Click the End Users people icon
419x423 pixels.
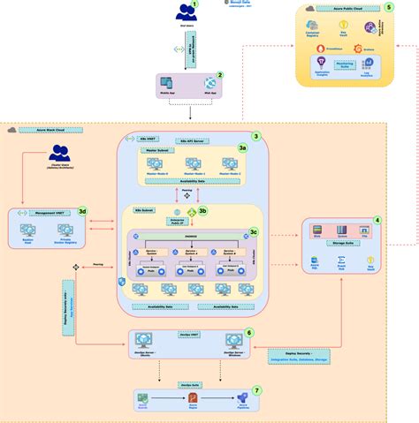tap(187, 12)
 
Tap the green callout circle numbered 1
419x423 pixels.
tap(206, 5)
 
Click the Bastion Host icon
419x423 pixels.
tap(27, 232)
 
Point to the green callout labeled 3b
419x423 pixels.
tap(202, 211)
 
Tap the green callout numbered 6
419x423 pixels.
tap(249, 333)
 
